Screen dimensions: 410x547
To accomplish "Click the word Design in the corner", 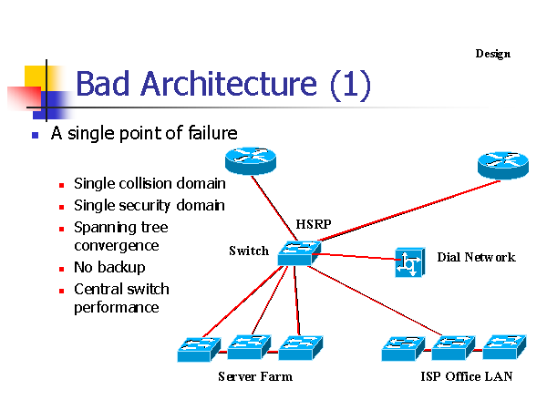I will tap(492, 54).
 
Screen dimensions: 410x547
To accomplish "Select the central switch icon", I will tap(299, 252).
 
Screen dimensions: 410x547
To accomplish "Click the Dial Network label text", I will tap(476, 257).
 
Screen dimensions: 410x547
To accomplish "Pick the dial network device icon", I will tap(409, 262).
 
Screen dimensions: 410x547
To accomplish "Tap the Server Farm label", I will tap(255, 376).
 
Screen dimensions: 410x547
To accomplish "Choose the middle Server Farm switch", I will tap(246, 347).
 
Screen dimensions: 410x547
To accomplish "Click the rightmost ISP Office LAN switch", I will tap(503, 347).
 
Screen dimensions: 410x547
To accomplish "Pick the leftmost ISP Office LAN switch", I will tap(402, 348).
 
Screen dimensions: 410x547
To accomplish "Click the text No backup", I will tap(109, 268).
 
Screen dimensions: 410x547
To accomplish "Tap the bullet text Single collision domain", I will tap(150, 183).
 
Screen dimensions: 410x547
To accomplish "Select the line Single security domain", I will tap(149, 206).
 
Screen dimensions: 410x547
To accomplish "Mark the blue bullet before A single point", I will tap(35, 135).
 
